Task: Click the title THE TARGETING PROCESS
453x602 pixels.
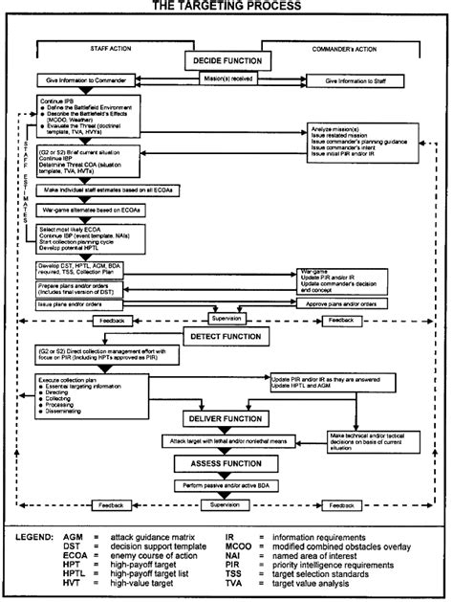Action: click(226, 7)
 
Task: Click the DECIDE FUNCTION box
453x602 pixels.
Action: click(226, 61)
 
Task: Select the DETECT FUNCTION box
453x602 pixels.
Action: click(226, 338)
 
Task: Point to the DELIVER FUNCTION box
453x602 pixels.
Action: click(226, 419)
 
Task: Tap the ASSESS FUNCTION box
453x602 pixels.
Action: click(226, 462)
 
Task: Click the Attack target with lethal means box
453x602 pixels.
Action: click(226, 441)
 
